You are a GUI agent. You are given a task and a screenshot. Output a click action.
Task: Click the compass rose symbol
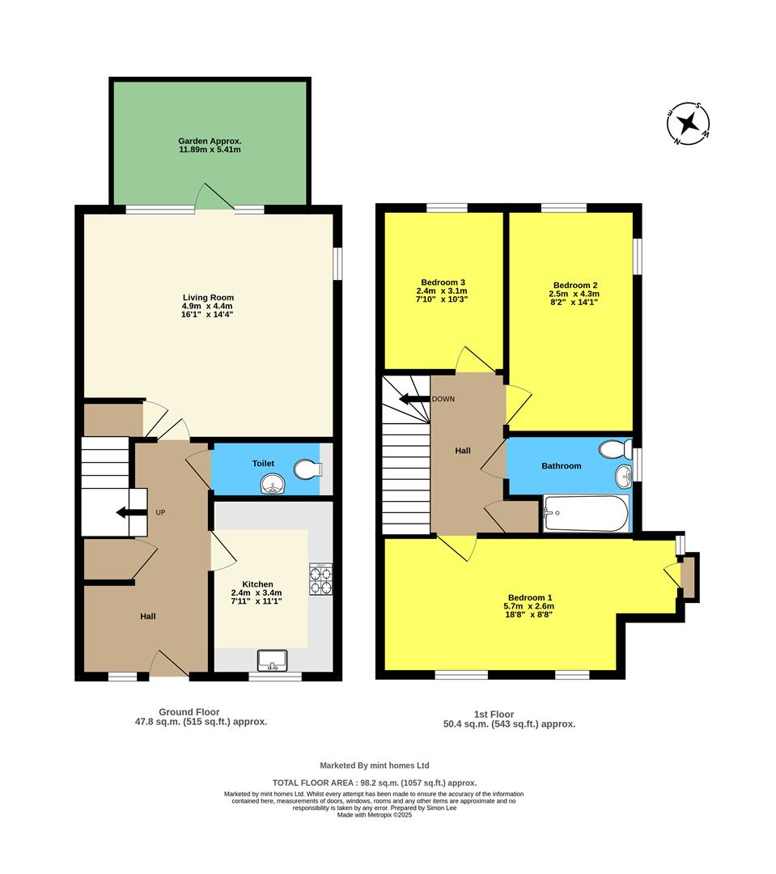pos(688,125)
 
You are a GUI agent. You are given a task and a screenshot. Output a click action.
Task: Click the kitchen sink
pos(274,660)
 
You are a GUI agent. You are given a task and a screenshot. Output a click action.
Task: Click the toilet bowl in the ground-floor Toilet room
pos(307,469)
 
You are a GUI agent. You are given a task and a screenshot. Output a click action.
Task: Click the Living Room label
pos(208,298)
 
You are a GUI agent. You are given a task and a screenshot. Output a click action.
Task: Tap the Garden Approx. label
pos(210,140)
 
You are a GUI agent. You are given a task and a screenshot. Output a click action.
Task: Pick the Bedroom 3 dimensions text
pos(442,295)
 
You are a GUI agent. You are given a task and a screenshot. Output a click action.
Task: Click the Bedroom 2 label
pos(574,285)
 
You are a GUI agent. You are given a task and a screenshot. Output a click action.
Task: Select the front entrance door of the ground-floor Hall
pos(168,664)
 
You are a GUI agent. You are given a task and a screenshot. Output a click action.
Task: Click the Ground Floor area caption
pos(201,717)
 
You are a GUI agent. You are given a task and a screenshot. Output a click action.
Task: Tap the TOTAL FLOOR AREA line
pos(374,783)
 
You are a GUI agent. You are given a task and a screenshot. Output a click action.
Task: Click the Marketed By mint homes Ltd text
pos(374,765)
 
